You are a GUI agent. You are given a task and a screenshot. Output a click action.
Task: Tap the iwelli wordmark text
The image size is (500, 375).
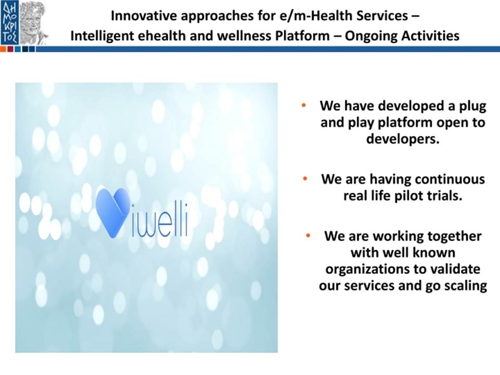click(x=159, y=220)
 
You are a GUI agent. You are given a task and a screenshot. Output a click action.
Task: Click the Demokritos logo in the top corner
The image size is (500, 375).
click(x=24, y=23)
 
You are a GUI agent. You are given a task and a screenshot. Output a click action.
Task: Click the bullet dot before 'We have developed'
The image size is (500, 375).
click(x=304, y=105)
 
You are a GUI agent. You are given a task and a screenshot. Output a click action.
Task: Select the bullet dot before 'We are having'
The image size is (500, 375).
click(x=305, y=179)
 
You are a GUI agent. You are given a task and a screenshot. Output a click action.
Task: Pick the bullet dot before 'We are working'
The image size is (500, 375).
click(x=308, y=235)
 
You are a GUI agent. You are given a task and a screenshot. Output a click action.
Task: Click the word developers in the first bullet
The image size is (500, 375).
click(x=403, y=139)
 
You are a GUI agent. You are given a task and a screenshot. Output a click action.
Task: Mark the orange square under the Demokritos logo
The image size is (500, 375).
click(x=3, y=49)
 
